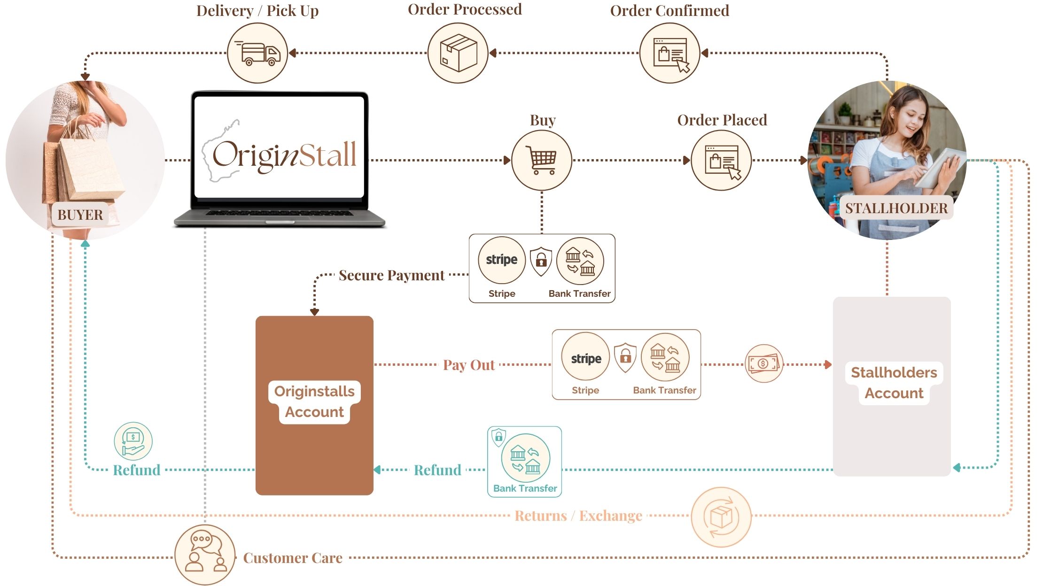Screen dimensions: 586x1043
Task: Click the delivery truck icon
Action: coord(257,53)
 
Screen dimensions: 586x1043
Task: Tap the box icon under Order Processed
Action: coord(458,53)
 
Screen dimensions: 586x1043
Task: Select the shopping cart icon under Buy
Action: coord(542,160)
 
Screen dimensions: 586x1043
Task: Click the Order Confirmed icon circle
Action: coord(669,53)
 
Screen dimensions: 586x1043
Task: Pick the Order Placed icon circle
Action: coord(721,160)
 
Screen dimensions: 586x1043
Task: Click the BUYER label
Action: coord(80,215)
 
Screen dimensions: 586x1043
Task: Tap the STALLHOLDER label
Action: coord(896,208)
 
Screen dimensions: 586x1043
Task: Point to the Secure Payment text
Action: coord(391,275)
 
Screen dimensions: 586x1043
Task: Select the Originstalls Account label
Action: coord(314,401)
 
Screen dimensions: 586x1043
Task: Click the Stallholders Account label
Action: coord(894,382)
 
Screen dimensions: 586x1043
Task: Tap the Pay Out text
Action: coord(469,365)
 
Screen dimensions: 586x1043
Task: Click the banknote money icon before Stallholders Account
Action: coord(764,363)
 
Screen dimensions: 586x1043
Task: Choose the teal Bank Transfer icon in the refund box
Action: coord(525,457)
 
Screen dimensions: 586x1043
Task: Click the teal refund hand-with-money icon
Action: coord(133,441)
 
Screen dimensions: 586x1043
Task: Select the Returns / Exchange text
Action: coord(578,516)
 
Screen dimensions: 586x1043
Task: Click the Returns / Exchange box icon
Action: coord(721,517)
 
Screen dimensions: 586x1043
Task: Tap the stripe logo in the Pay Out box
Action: coord(586,359)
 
